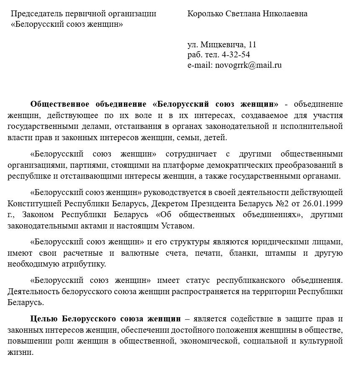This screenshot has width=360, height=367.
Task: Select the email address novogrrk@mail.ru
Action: coord(248,65)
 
